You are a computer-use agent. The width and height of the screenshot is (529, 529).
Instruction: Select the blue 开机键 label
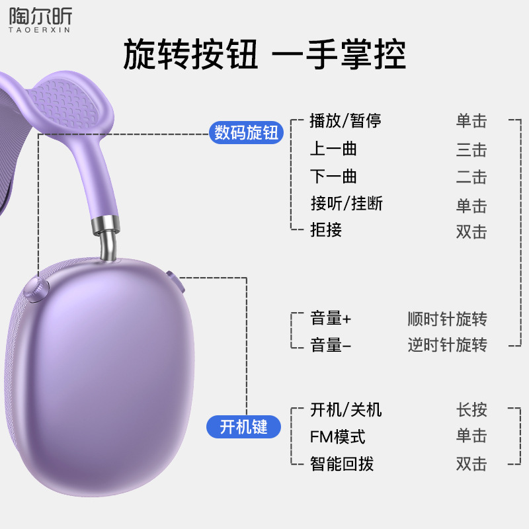click(243, 427)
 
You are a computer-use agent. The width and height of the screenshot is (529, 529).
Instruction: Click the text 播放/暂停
click(345, 121)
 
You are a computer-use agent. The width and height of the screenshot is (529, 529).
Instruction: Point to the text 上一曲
click(333, 149)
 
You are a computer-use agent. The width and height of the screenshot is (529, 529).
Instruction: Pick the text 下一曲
click(333, 177)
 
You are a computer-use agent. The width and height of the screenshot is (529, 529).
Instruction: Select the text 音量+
click(331, 318)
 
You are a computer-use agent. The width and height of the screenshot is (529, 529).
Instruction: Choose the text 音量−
click(331, 345)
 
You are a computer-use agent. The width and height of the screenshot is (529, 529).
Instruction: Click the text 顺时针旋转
click(447, 319)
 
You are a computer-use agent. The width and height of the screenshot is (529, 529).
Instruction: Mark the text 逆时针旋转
click(447, 345)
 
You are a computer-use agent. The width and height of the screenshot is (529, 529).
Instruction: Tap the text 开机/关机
click(346, 409)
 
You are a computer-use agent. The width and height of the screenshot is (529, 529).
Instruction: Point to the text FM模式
click(337, 436)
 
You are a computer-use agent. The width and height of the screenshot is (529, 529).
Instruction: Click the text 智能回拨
click(342, 464)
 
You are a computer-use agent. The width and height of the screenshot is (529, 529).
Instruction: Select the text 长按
click(471, 409)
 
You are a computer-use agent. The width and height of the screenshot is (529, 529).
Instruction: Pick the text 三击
click(471, 149)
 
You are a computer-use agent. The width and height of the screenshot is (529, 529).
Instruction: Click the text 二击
click(471, 177)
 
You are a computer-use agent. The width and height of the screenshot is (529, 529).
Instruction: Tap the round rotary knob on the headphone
click(36, 288)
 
